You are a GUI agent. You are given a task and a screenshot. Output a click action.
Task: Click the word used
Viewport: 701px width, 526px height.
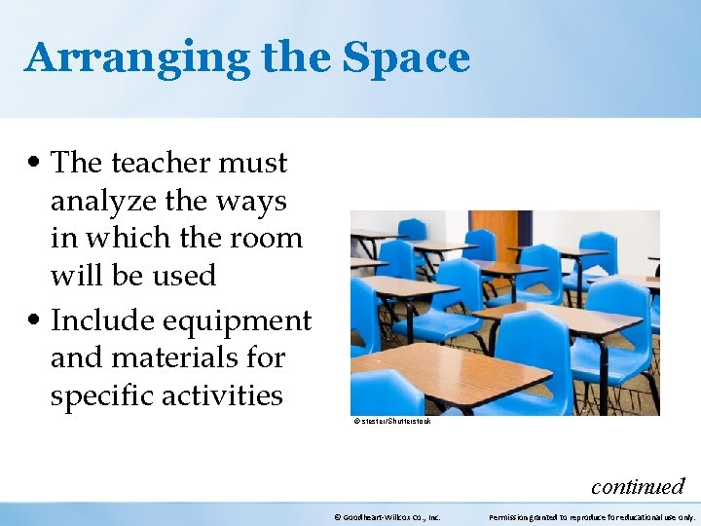tap(182, 276)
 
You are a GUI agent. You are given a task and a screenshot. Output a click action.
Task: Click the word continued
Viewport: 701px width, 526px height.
tap(638, 485)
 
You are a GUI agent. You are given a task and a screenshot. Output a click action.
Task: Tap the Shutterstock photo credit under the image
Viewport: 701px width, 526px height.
tap(392, 421)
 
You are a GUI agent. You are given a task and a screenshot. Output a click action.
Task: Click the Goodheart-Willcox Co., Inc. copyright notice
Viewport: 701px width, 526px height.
tap(387, 517)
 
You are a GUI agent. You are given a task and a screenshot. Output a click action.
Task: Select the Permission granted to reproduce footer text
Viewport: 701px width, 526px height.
tap(591, 517)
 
